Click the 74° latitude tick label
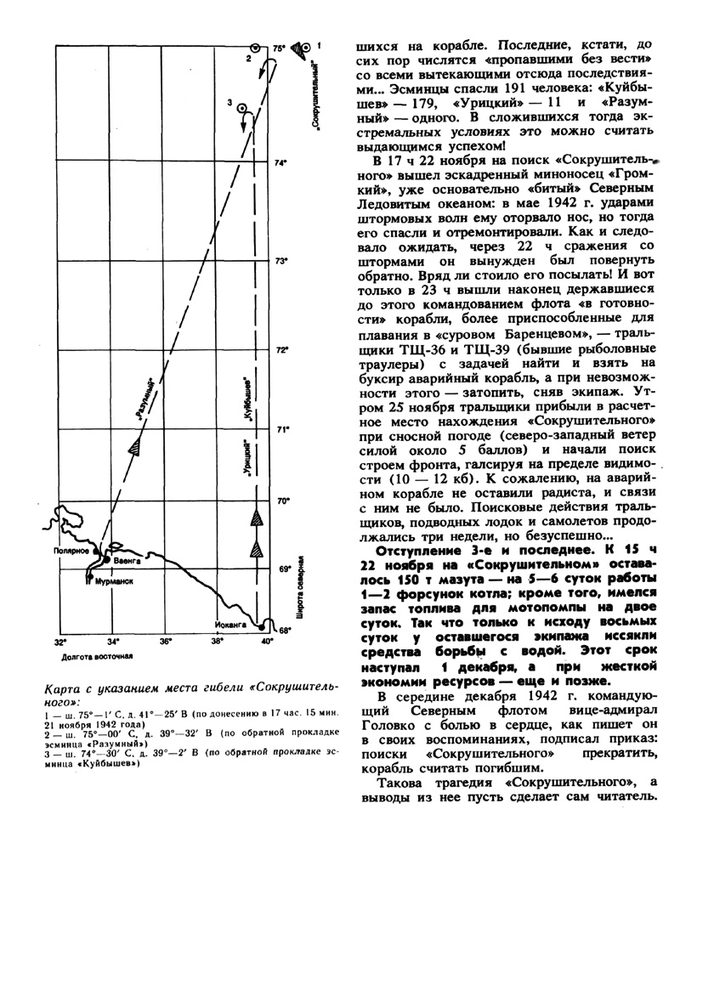pos(282,161)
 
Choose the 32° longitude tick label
pos(59,641)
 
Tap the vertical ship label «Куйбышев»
pos(247,398)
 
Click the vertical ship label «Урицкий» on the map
pos(248,462)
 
